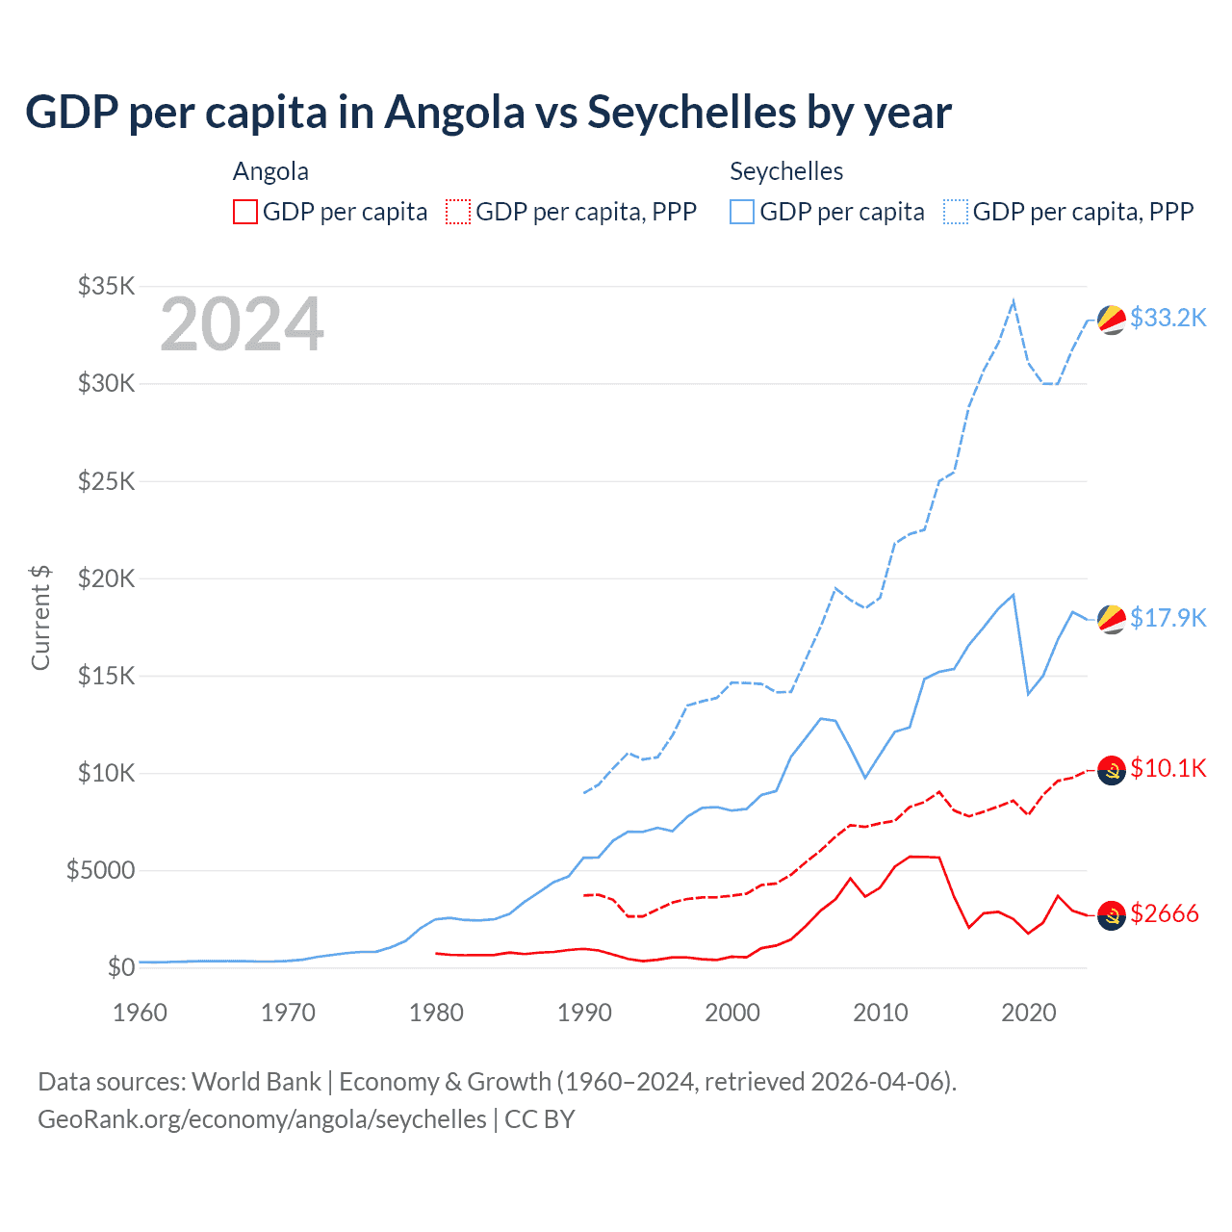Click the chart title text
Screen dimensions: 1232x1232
488,113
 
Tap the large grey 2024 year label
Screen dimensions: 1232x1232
242,325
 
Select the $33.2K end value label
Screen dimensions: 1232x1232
1168,318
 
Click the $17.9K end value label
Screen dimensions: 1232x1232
1168,618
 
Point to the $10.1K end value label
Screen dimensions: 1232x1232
1168,768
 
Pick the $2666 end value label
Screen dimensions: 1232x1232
1164,913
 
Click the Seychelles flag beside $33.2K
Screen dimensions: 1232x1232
1112,320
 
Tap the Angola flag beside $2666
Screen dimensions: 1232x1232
1112,915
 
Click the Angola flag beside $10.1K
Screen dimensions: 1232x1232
1112,770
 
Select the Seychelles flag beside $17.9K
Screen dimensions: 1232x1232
1112,620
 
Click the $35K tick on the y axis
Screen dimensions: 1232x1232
106,286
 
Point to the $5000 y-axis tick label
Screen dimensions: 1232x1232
100,871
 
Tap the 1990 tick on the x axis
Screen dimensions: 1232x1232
584,1013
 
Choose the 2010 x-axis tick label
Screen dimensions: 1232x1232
881,1013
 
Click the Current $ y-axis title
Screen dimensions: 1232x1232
40,618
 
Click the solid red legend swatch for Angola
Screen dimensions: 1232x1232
245,212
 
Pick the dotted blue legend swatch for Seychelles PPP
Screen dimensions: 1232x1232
956,212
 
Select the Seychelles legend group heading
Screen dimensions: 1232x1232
786,171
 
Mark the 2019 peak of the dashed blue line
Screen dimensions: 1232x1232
1014,301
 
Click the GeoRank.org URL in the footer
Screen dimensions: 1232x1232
262,1119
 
